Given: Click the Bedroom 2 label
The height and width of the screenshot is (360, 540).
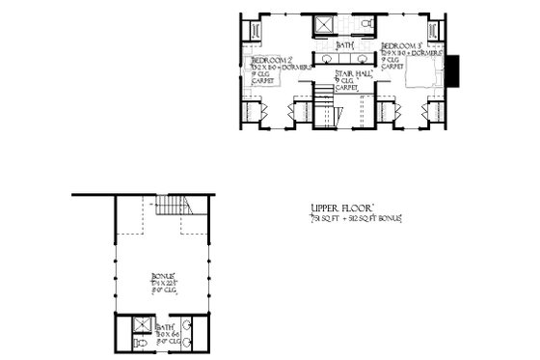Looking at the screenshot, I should (x=264, y=58).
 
